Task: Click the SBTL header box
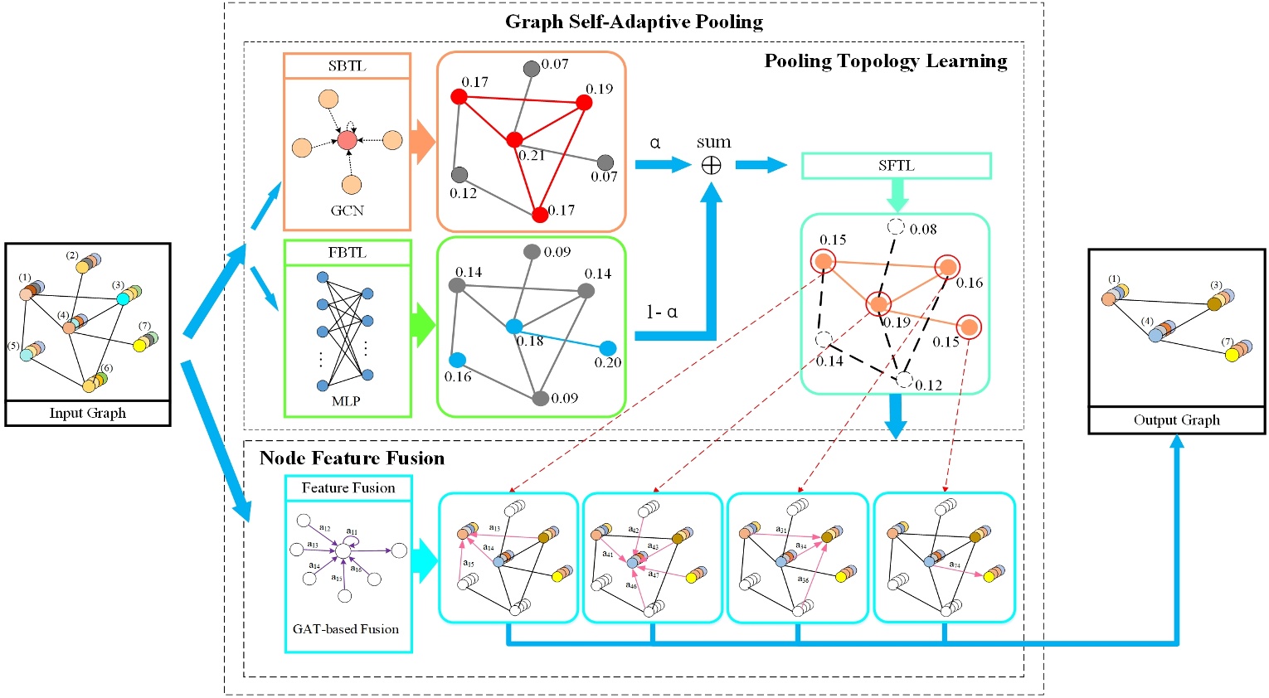point(347,66)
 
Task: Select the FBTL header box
point(347,253)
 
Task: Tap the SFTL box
point(896,166)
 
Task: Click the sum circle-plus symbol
point(711,166)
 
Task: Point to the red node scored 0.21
point(514,139)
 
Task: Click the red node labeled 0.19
point(584,103)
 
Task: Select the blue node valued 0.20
point(607,348)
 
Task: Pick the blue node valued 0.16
point(457,360)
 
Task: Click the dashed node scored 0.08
point(896,226)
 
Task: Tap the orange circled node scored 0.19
point(878,304)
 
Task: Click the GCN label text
point(347,211)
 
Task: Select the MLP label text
point(346,401)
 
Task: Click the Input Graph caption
point(88,413)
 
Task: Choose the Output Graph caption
point(1176,419)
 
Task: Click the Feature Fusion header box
point(348,488)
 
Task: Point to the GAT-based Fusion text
point(346,629)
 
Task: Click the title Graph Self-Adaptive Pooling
point(634,22)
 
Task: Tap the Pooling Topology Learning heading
point(885,61)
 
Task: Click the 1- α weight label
point(662,313)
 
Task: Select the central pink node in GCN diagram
point(347,141)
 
